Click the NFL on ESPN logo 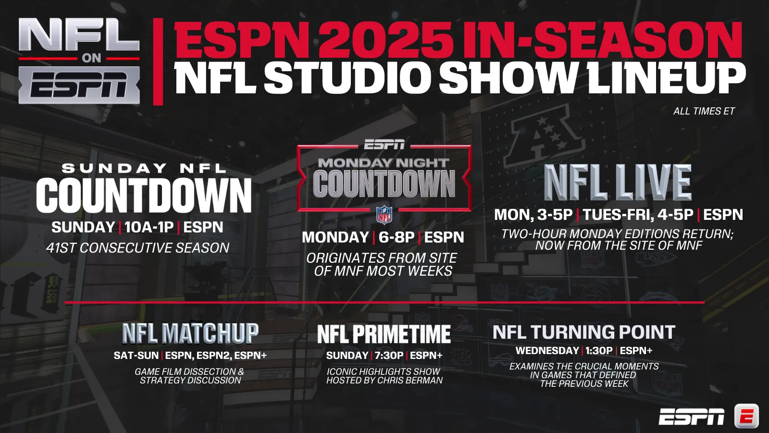(x=79, y=61)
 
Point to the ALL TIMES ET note (x=704, y=111)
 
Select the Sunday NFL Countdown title (x=144, y=188)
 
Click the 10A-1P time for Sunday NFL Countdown (x=149, y=227)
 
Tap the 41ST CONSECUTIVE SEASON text (x=137, y=248)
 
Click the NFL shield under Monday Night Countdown (x=384, y=215)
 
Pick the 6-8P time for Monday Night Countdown (x=397, y=238)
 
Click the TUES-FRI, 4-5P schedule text (x=638, y=215)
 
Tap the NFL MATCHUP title (x=190, y=333)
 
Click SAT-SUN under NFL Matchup (x=136, y=356)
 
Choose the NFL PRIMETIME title (x=384, y=334)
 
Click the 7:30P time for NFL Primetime (x=389, y=356)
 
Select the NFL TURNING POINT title (x=584, y=332)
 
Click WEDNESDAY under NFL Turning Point (x=547, y=351)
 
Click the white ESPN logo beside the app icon (x=692, y=417)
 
